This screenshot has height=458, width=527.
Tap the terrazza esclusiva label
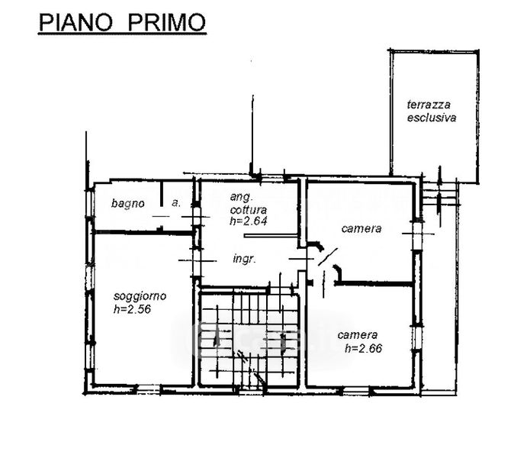click(431, 112)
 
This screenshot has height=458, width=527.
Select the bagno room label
click(128, 203)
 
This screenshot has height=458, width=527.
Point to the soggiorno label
click(140, 295)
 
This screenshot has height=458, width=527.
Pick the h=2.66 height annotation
click(362, 348)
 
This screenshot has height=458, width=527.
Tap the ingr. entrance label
click(245, 259)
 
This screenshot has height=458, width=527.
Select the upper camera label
click(361, 228)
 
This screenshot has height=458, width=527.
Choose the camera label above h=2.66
click(358, 334)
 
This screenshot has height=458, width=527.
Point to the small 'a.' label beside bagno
click(175, 203)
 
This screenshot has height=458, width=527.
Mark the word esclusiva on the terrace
click(431, 118)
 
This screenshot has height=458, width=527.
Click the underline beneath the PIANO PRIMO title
click(122, 34)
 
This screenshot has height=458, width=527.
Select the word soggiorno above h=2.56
click(140, 295)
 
